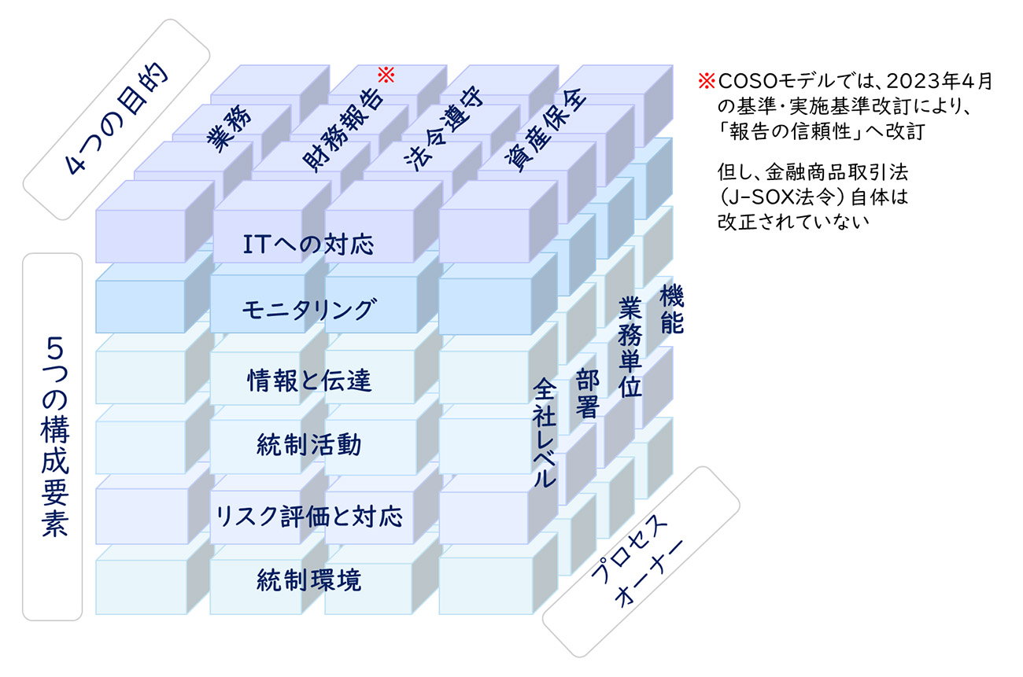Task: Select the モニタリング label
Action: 309,310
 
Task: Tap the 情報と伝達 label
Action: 309,381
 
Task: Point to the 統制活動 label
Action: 309,445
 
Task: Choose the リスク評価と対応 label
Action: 309,517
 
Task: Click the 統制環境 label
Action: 309,580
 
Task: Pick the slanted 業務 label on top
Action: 229,129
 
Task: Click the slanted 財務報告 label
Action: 343,130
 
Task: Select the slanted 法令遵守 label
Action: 444,129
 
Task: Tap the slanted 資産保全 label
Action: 545,130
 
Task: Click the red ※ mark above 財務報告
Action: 386,75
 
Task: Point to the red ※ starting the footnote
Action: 707,81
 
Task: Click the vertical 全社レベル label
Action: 545,432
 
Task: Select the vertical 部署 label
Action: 587,393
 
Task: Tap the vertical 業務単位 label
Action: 630,347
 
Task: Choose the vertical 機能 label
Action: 672,309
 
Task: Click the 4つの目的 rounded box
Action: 116,120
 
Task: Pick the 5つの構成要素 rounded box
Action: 53,436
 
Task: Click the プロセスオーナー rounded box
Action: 641,561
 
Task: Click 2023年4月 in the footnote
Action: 940,81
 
